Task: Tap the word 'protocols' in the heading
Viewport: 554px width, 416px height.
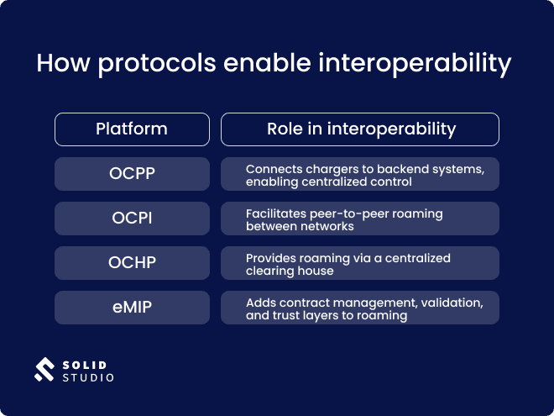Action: tap(141, 64)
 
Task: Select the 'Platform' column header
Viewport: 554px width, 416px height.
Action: tap(132, 129)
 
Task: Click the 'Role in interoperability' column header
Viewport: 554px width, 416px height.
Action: tap(360, 129)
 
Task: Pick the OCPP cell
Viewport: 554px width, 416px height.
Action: tap(132, 174)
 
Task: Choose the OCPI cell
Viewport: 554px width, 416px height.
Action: tap(132, 219)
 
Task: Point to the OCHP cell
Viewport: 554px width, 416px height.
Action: tap(132, 263)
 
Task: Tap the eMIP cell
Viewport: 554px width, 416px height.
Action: tap(132, 308)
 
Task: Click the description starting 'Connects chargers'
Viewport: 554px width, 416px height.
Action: tap(360, 175)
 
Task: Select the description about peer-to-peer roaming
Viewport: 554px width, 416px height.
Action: tap(360, 219)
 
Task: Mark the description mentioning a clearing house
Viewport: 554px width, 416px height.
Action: tap(360, 264)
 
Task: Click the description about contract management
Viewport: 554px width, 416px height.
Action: tap(360, 308)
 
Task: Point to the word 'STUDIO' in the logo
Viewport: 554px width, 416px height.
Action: tap(88, 378)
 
